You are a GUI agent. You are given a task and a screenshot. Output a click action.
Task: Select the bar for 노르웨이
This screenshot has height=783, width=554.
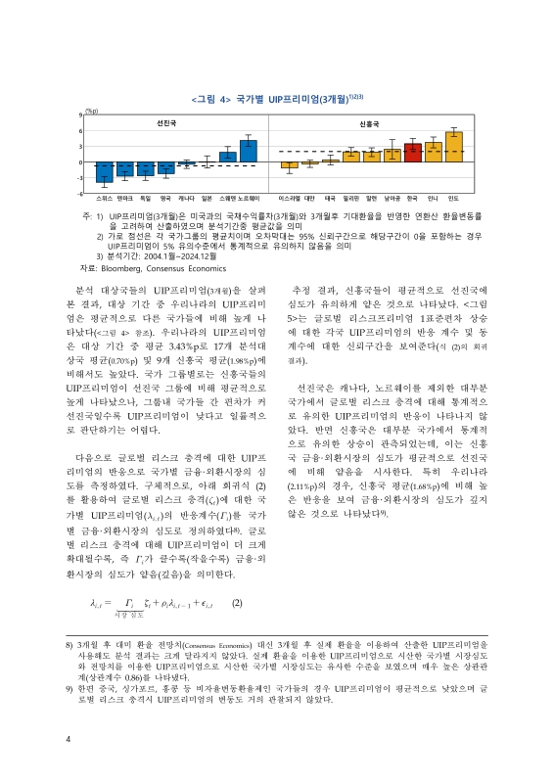(249, 151)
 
